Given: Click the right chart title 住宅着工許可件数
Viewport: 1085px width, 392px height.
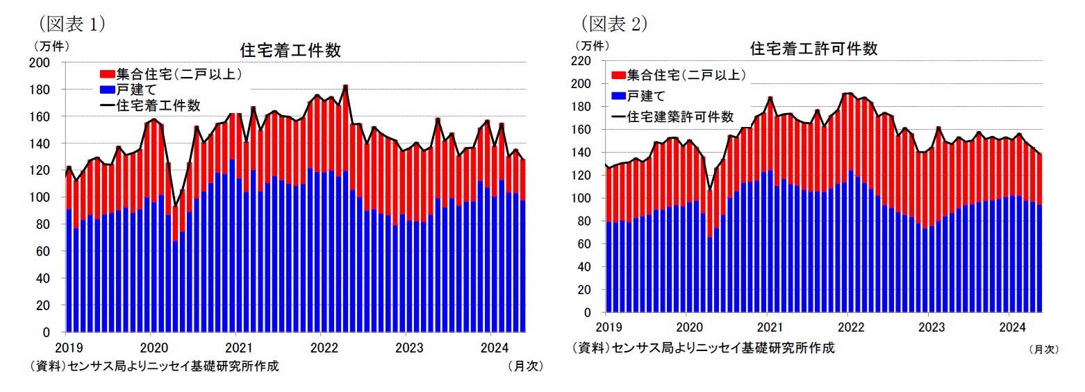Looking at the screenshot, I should click(x=813, y=49).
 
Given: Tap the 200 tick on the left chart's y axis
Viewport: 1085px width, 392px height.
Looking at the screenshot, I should click(x=42, y=63).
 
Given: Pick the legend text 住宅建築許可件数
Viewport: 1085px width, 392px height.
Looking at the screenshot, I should click(x=680, y=117).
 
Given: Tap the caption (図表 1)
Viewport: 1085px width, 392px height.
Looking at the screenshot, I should click(x=72, y=24).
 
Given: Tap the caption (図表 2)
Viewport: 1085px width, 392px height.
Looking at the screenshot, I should click(x=613, y=24).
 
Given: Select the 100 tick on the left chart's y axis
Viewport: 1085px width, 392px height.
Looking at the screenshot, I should click(x=42, y=198).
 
